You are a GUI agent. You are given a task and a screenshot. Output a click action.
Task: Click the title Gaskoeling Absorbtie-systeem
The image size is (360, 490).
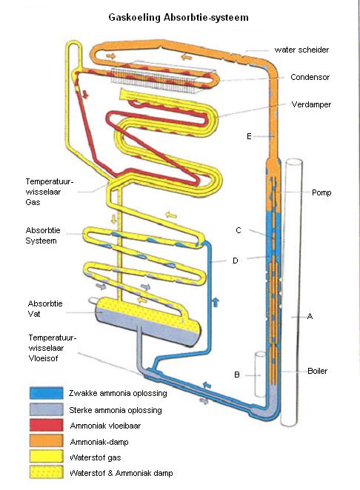coord(179,17)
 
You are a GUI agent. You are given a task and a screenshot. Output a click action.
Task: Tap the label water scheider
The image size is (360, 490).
coord(301,50)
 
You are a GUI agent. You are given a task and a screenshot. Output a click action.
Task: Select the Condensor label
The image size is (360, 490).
coord(310,77)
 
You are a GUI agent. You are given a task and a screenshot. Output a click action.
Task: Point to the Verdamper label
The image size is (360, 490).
coord(311,104)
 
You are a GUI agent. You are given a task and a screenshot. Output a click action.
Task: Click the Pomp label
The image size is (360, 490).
coord(321,192)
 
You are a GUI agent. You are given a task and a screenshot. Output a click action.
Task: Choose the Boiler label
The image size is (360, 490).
coord(318,371)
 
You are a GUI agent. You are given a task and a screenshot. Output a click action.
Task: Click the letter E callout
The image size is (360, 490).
coord(249,136)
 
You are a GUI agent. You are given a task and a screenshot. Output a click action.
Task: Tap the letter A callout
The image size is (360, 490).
coord(310,316)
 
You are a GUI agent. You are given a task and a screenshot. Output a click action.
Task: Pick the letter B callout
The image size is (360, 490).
coord(237,375)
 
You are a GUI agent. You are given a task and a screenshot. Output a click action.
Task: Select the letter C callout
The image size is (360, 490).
coord(239,230)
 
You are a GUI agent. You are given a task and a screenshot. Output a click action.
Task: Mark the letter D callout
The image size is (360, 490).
coord(236,261)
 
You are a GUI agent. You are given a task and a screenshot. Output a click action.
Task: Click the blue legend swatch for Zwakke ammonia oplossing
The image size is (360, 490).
coord(46,393)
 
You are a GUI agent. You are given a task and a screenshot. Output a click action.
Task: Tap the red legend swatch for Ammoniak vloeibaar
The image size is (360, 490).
coord(46,426)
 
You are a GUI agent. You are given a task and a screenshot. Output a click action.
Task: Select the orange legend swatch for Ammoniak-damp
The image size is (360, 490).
coord(46,440)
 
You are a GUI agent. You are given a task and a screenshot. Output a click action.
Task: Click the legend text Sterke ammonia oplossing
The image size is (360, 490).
coord(116,410)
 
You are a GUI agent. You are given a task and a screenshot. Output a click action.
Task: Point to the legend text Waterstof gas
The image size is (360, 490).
coord(96,458)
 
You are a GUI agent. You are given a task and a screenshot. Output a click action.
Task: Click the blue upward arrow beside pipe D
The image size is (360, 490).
coord(216,303)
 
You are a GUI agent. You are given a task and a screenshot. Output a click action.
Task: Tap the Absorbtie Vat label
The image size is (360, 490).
coord(45,309)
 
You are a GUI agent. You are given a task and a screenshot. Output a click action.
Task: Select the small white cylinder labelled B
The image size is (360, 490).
coord(260,375)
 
